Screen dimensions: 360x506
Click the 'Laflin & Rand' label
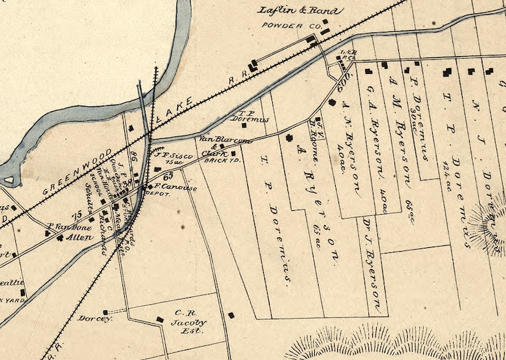pyautogui.click(x=300, y=11)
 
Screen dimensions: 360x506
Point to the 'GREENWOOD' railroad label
pyautogui.click(x=76, y=171)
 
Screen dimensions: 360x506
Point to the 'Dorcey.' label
pyautogui.click(x=95, y=318)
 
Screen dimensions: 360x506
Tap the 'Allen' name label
pyautogui.click(x=79, y=237)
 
